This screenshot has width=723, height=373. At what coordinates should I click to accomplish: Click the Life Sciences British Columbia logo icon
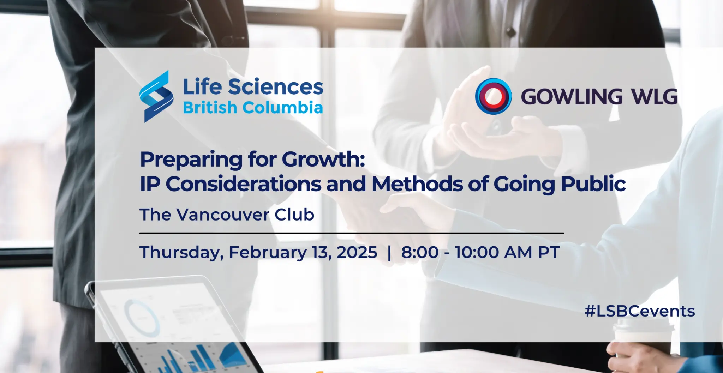click(156, 96)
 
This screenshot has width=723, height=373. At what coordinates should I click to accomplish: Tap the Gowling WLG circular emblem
click(493, 96)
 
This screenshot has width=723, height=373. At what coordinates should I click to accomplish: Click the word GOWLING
click(572, 97)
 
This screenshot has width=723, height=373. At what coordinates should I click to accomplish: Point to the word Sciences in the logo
click(275, 87)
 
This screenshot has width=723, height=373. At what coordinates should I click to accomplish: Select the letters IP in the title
click(150, 184)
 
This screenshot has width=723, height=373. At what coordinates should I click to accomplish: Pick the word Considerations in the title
click(244, 184)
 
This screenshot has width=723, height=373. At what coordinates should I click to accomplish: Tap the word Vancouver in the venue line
click(223, 215)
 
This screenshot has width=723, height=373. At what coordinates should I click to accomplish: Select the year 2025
click(357, 252)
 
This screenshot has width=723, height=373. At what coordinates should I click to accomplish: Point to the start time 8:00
click(420, 252)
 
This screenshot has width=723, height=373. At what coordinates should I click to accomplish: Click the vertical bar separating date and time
click(389, 253)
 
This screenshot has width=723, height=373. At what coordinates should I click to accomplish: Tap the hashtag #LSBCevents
click(640, 311)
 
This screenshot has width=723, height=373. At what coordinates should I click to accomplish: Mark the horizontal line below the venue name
click(352, 233)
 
